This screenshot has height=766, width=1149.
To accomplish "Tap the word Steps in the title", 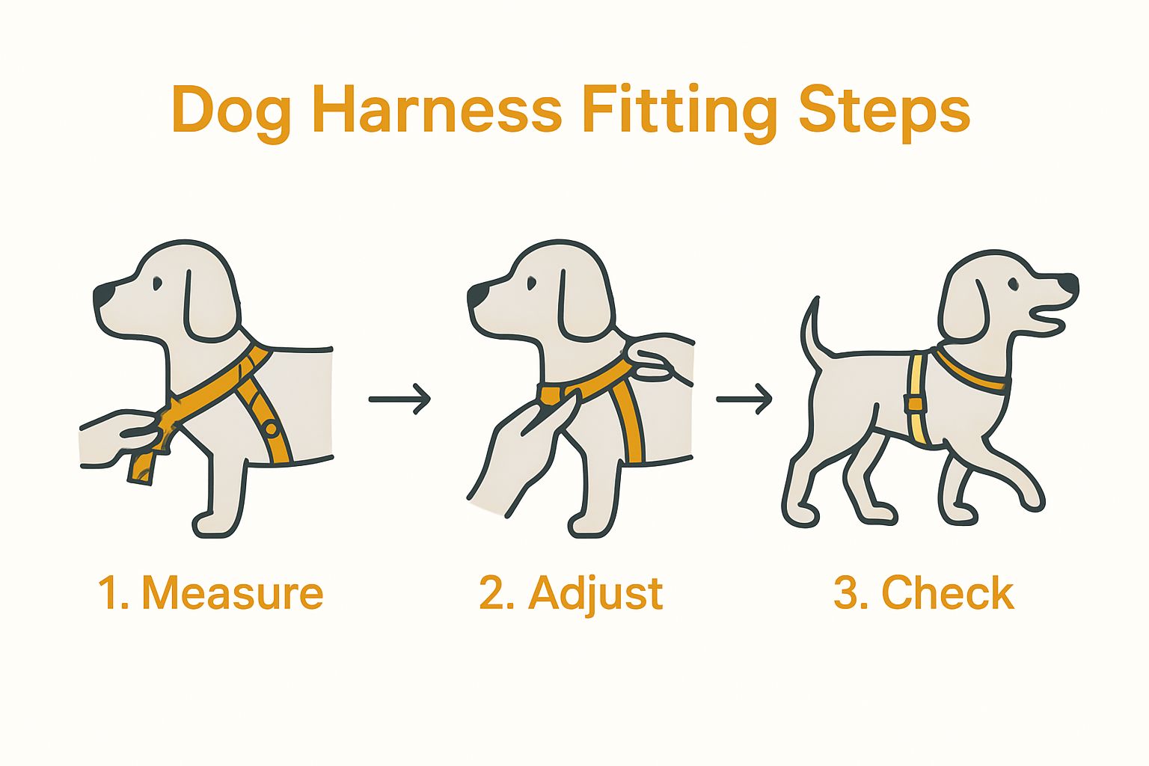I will pos(883,111).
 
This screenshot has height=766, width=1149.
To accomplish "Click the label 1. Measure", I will pos(210,593).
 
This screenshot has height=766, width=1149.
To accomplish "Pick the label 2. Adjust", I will pos(571,594).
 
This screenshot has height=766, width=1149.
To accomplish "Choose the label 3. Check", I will pos(924,593).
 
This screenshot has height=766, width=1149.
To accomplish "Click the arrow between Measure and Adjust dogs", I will pos(399,399).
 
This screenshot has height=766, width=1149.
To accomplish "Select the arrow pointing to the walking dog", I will pos(744,399).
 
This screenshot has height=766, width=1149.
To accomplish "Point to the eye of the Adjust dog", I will pos(531,284).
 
